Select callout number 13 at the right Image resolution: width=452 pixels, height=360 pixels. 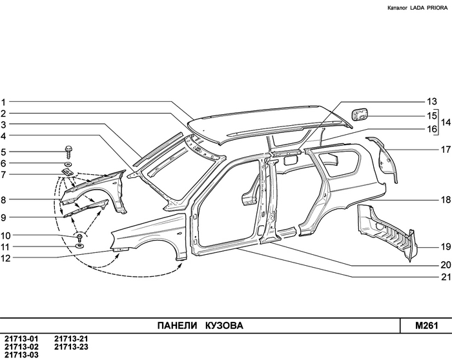(x=431, y=101)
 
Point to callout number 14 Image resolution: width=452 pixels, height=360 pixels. (x=445, y=123)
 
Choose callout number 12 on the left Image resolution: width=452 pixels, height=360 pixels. (x=5, y=259)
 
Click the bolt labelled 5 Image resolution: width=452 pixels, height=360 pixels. (x=68, y=152)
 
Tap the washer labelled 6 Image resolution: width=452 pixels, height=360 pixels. (x=68, y=164)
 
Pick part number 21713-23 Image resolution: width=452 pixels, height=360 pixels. (x=71, y=346)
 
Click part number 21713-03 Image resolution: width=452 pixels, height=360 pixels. (x=21, y=354)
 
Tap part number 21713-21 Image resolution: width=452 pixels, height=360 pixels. (x=71, y=339)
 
